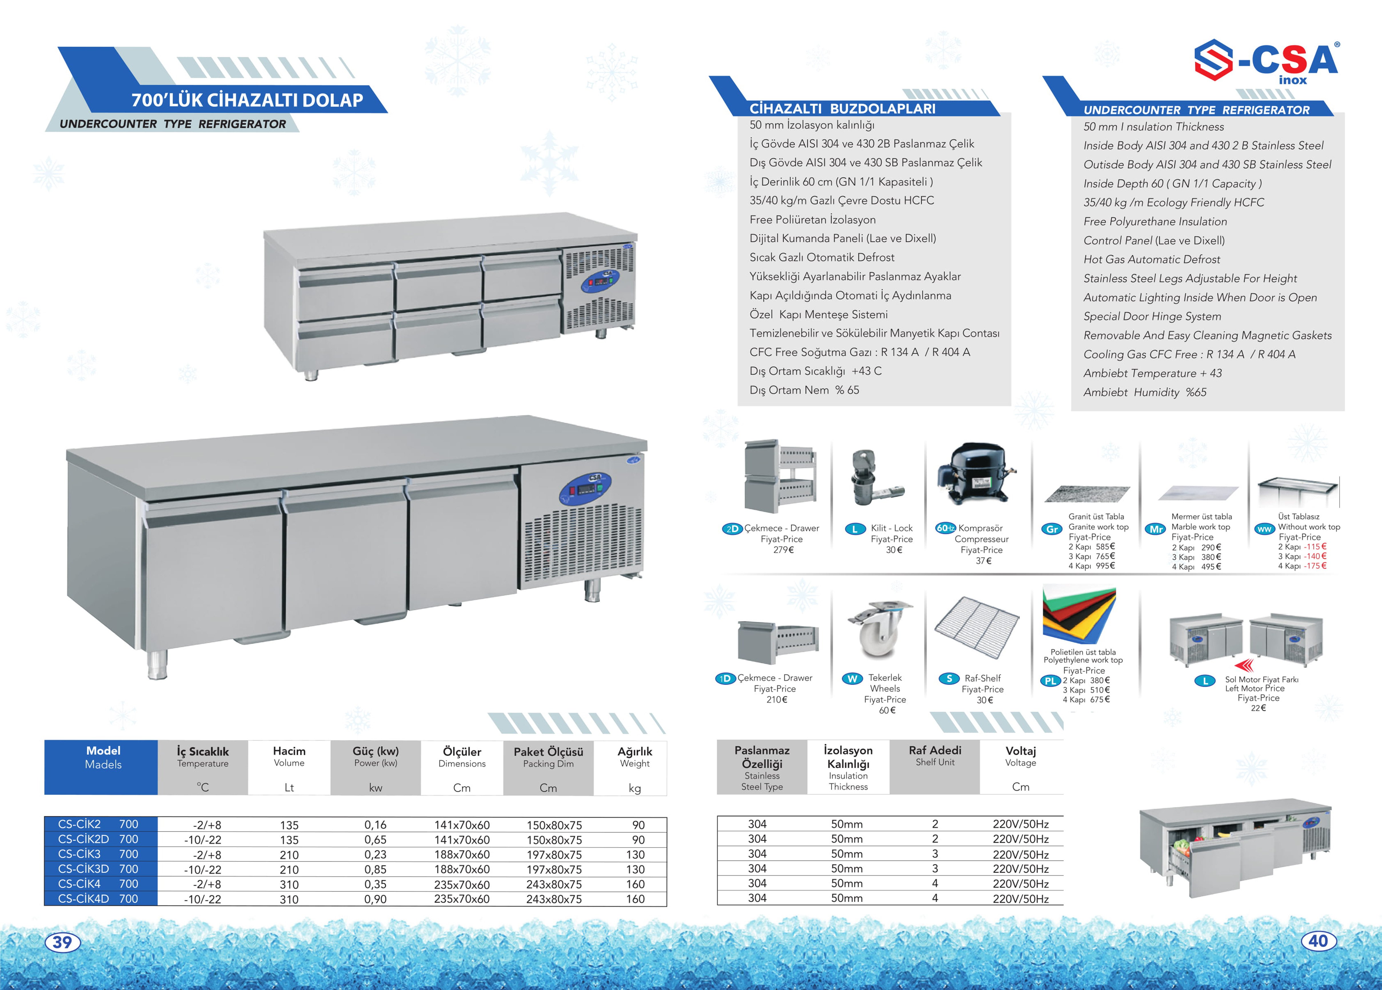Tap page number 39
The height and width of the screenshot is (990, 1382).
click(x=63, y=942)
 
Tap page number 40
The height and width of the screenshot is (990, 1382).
click(x=1318, y=941)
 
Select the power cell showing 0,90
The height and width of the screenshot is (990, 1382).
click(x=375, y=899)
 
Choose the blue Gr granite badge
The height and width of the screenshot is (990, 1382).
click(x=1052, y=529)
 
